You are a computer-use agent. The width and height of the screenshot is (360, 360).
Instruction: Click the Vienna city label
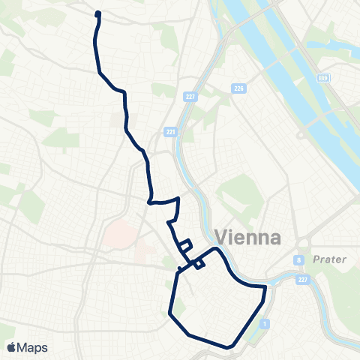point(248,237)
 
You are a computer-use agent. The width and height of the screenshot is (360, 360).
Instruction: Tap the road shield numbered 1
point(265,323)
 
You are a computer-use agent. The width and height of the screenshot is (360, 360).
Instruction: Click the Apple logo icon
point(12,347)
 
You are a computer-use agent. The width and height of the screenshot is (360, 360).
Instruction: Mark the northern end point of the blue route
point(98,13)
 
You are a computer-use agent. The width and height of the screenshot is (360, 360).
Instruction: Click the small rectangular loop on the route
point(184,244)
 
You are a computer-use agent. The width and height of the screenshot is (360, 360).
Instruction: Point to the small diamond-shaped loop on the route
point(198,263)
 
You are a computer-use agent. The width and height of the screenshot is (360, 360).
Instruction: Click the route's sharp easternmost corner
point(265,286)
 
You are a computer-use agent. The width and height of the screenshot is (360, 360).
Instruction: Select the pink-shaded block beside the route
point(120,234)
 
